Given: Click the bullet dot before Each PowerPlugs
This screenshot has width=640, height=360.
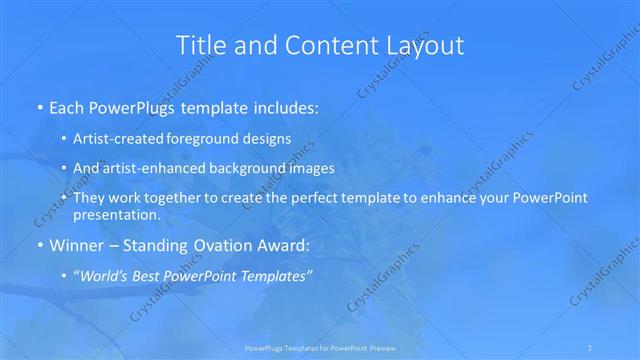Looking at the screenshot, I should [x=39, y=105].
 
